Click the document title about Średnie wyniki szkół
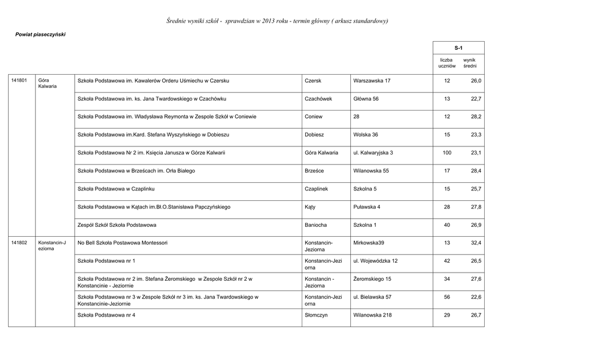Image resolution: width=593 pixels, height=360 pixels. [277, 21]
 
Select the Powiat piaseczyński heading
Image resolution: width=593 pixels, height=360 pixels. [41, 35]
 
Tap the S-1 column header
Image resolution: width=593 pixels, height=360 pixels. [458, 47]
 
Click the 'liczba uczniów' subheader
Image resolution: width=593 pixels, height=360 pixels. [446, 63]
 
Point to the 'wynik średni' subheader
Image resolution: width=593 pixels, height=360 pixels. [469, 63]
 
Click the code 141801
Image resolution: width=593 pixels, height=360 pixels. [19, 80]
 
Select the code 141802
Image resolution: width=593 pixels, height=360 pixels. [19, 243]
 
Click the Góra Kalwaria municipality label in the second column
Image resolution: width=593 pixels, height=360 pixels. [47, 83]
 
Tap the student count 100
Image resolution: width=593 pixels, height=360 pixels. [446, 153]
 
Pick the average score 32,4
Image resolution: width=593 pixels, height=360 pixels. [476, 243]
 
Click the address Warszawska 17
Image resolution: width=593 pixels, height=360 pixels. [372, 80]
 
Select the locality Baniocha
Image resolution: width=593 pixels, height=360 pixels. [316, 225]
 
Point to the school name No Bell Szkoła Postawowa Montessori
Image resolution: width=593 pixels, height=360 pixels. [122, 243]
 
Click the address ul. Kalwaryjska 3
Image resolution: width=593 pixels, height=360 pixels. [373, 153]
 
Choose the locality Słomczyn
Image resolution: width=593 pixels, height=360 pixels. [317, 315]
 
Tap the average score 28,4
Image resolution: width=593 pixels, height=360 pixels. [476, 171]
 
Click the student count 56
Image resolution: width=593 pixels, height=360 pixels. [446, 297]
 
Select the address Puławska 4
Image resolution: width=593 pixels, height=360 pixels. [367, 207]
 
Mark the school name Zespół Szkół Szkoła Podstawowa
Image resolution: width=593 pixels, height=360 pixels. [117, 225]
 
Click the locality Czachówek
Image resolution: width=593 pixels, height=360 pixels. [319, 99]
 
